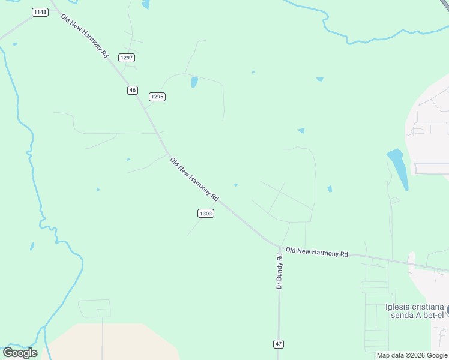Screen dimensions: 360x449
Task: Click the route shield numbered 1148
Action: click(x=40, y=12)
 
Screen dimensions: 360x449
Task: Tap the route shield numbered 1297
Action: click(x=127, y=58)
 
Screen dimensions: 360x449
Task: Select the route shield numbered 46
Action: click(x=133, y=90)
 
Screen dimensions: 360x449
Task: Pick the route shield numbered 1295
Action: click(x=157, y=97)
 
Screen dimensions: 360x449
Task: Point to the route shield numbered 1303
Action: click(x=205, y=213)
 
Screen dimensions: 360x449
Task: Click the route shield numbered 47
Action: click(x=279, y=344)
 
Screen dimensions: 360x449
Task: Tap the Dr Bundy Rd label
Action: click(x=280, y=271)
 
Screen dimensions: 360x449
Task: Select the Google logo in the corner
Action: click(x=19, y=352)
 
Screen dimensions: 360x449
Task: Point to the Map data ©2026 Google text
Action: click(x=412, y=355)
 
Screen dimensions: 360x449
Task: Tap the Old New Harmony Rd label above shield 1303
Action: click(x=194, y=179)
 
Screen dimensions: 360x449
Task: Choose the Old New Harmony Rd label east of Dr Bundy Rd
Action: click(x=317, y=252)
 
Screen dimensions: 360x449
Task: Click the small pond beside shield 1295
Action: click(x=194, y=82)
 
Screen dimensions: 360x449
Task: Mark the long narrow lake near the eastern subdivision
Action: click(x=398, y=168)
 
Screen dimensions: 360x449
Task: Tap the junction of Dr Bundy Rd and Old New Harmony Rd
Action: click(x=280, y=247)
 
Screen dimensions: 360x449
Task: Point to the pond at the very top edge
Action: click(x=146, y=5)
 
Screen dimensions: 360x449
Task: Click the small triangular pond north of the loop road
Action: click(x=301, y=130)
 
